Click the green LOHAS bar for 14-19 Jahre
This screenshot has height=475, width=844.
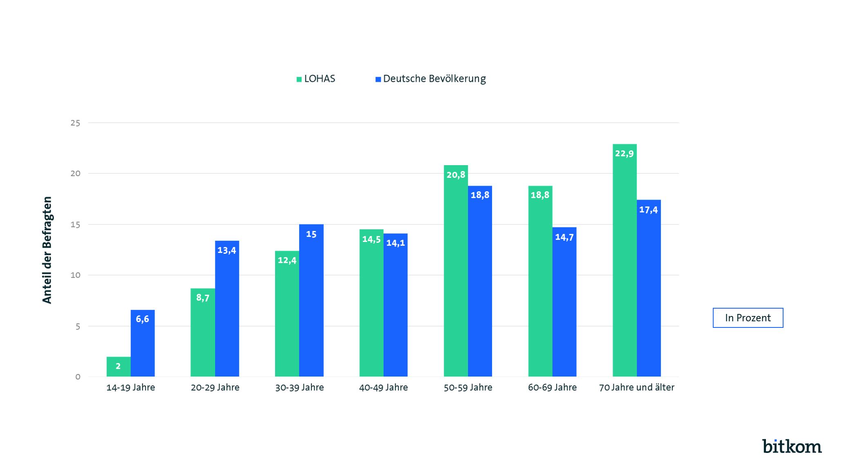pos(119,367)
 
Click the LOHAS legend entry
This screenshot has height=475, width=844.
pos(316,79)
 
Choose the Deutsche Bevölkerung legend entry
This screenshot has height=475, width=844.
pos(431,79)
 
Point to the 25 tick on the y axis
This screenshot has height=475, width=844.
pos(75,123)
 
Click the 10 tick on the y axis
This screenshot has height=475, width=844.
pos(75,275)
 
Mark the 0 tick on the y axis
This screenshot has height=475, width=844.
pos(78,377)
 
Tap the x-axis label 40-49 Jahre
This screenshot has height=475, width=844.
pos(383,388)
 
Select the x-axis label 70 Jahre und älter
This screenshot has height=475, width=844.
pos(636,388)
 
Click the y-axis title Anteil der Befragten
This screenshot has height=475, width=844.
pos(47,250)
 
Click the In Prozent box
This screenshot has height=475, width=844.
pos(748,318)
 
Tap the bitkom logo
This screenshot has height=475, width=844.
pos(792,446)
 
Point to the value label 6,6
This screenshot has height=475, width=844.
pos(142,319)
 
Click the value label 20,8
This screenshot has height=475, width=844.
pos(456,175)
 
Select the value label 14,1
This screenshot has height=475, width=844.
pos(395,243)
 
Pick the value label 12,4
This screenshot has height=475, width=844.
pos(287,260)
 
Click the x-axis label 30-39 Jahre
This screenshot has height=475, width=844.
pos(299,388)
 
